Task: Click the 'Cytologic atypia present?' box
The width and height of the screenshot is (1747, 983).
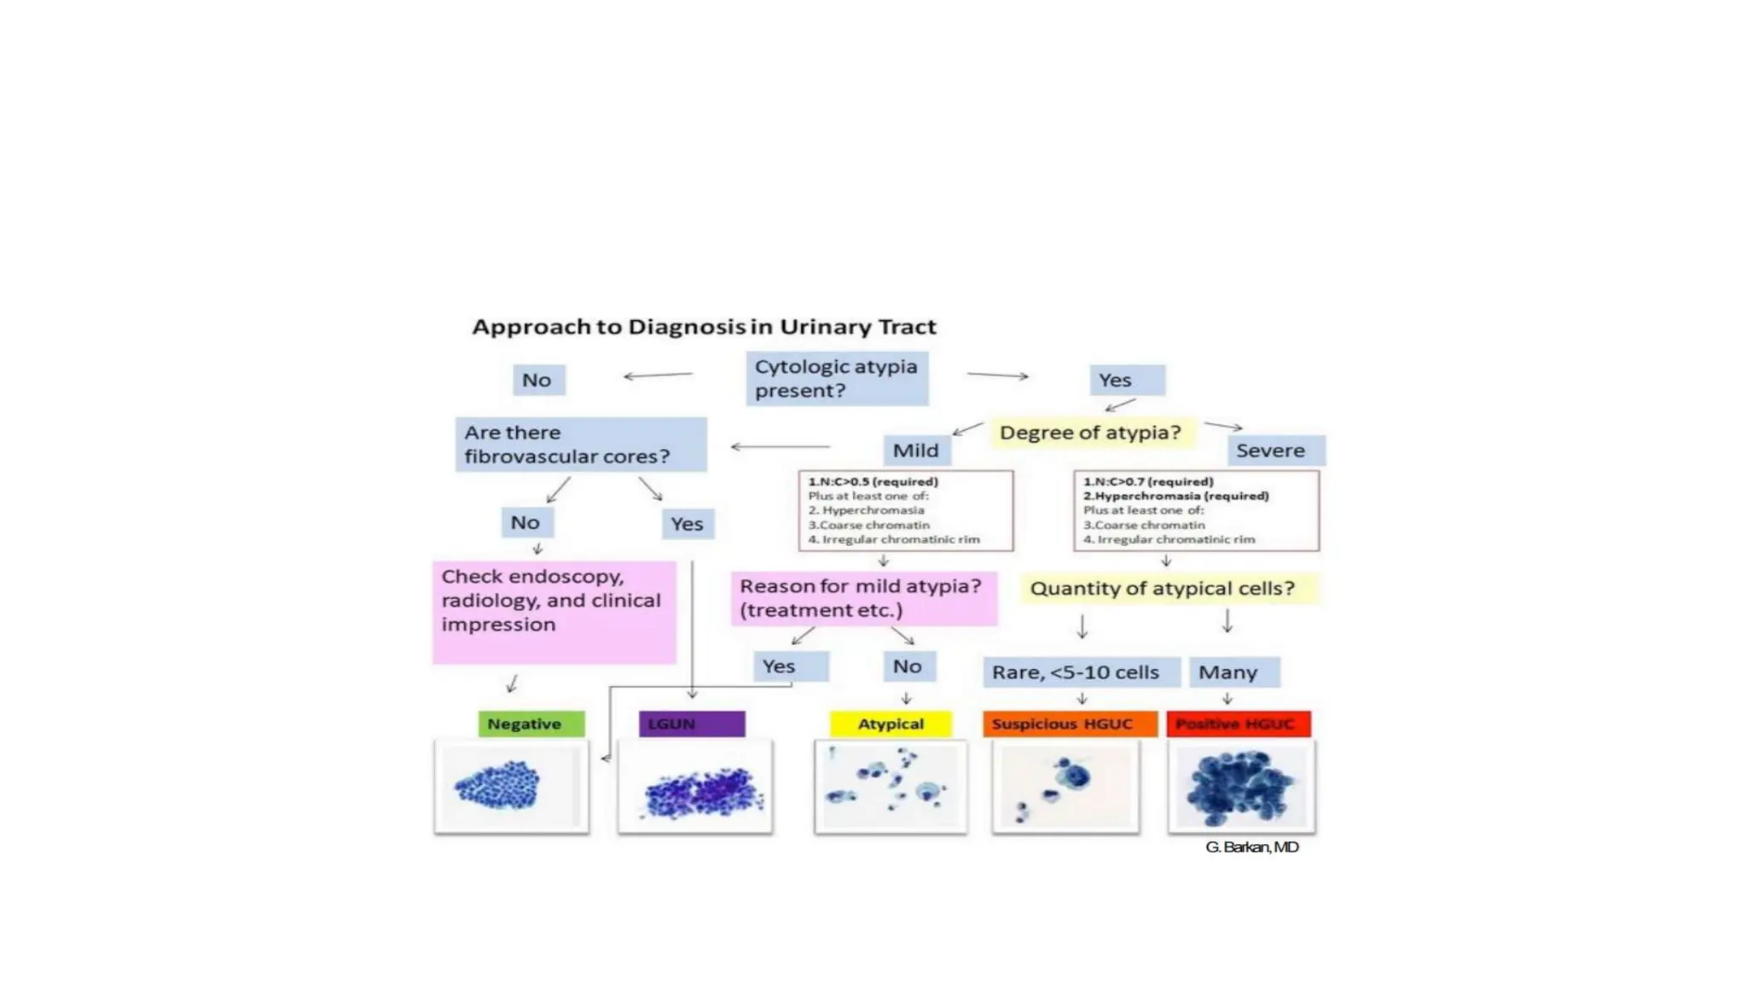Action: (x=836, y=378)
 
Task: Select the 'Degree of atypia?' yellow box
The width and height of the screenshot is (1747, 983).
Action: (x=1090, y=433)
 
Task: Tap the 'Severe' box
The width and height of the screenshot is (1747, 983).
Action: (x=1275, y=451)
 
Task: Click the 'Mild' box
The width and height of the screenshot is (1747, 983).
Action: (x=915, y=451)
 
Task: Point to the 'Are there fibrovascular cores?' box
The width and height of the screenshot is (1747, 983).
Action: (x=580, y=445)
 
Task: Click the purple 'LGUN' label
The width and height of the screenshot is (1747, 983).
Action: (x=691, y=724)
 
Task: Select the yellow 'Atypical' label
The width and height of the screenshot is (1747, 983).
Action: (x=890, y=724)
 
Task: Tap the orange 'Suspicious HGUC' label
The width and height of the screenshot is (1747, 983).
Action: (x=1070, y=724)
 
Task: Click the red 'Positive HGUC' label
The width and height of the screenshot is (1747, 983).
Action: (x=1238, y=724)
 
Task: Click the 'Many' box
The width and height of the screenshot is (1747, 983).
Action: (x=1233, y=672)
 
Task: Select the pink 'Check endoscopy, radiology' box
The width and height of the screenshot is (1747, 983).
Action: (x=554, y=612)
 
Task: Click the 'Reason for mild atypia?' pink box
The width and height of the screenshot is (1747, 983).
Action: (x=863, y=598)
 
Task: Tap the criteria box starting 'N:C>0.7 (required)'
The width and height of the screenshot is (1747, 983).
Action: (x=1196, y=510)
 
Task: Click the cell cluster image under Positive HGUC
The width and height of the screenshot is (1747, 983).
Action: (x=1241, y=787)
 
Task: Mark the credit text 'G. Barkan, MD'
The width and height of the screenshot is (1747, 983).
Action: (x=1251, y=847)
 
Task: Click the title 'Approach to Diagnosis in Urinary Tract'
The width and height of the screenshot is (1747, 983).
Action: (x=704, y=327)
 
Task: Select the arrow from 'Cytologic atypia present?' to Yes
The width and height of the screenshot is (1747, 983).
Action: (x=997, y=375)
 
